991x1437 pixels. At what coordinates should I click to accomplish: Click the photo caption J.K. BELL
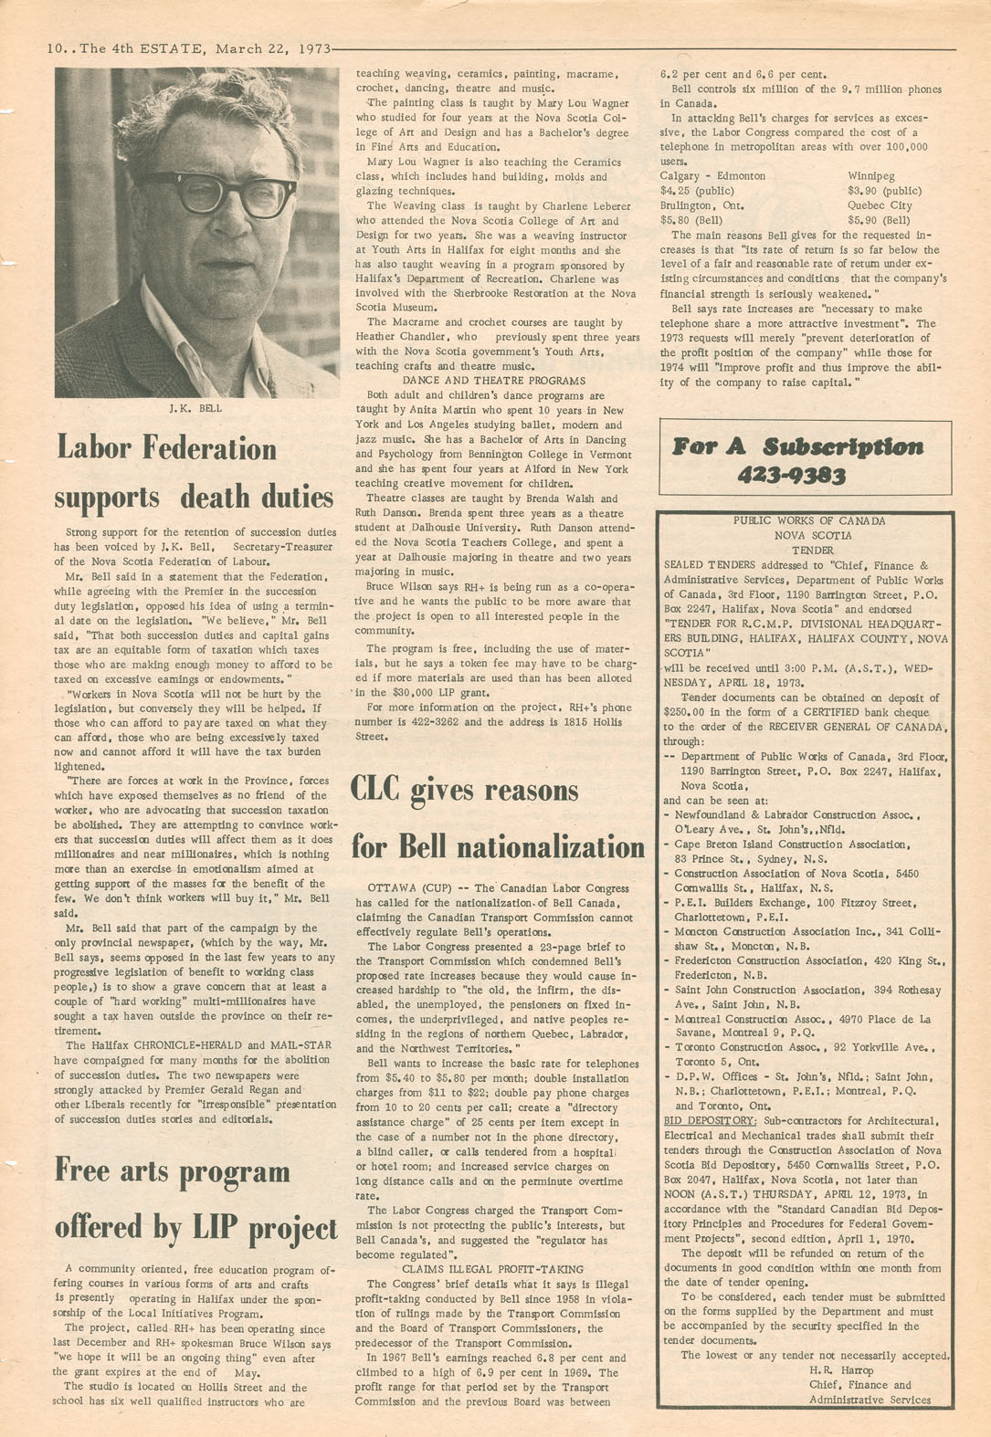click(195, 408)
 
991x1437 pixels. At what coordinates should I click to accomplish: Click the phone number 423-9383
click(791, 475)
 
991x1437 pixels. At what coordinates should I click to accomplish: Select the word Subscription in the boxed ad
click(843, 446)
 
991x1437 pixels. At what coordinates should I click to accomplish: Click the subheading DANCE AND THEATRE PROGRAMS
click(494, 381)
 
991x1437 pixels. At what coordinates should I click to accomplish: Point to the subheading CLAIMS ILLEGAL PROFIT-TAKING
click(492, 1269)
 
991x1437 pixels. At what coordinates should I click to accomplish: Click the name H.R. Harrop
click(841, 1370)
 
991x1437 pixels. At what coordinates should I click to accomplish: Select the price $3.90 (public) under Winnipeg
click(884, 191)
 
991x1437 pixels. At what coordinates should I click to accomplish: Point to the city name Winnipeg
click(871, 176)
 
